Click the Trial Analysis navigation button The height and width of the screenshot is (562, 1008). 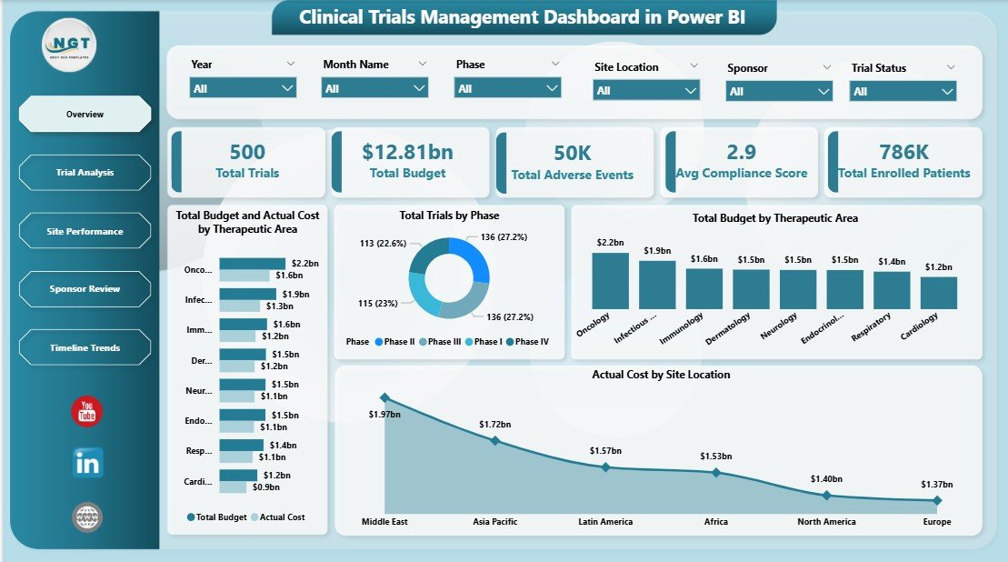point(85,173)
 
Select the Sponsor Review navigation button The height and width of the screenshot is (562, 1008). point(85,289)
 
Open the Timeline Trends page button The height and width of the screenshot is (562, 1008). point(85,348)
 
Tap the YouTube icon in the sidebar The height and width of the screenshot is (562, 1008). point(87,411)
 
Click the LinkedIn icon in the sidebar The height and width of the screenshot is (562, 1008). point(88,463)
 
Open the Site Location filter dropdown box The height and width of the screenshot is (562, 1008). point(645,90)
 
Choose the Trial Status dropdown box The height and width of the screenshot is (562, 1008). point(903,91)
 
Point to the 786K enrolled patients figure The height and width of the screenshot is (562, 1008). point(903,151)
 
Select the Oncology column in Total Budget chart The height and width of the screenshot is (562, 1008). point(610,281)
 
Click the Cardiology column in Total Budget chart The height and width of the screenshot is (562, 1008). point(938,293)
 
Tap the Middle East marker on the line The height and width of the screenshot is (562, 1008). point(384,397)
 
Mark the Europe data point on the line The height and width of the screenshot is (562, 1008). point(937,500)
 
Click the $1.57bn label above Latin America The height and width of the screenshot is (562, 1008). point(605,451)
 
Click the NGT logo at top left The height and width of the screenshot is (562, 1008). point(69,45)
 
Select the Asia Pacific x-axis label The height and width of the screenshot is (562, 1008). point(495,522)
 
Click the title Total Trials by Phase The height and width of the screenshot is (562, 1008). point(449,216)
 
